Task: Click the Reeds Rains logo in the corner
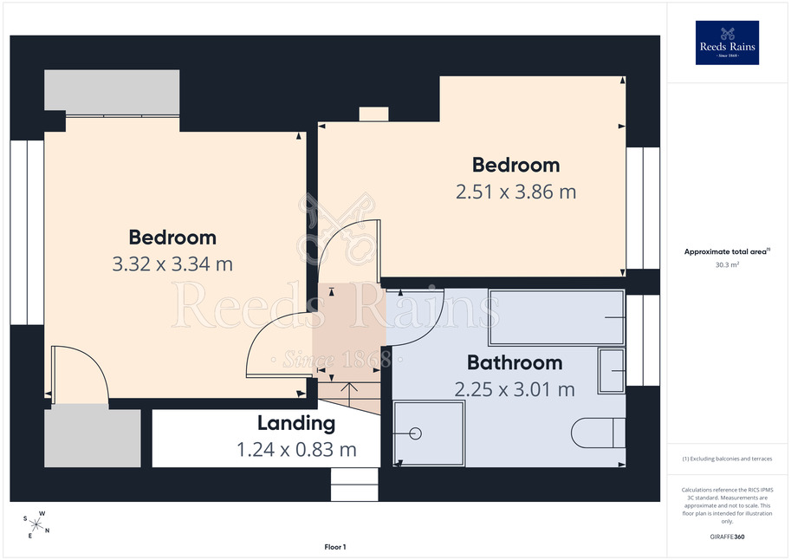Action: tap(727, 42)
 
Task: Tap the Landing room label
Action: tap(296, 423)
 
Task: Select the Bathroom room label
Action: tap(515, 362)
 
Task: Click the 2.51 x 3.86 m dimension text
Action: tap(515, 192)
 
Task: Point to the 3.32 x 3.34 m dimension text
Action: tap(172, 264)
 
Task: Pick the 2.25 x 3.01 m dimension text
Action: tap(515, 389)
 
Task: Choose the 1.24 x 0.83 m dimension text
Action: tap(296, 449)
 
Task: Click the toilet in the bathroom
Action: tap(599, 433)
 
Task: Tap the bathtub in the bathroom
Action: tap(556, 317)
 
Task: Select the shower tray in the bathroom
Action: tap(429, 433)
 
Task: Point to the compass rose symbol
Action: tap(36, 524)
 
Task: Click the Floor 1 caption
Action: tap(335, 547)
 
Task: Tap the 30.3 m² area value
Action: tap(727, 264)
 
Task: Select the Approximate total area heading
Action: tap(726, 251)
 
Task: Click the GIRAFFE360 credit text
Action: tap(727, 537)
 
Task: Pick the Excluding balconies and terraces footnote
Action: tap(727, 459)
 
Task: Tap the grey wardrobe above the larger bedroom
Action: tap(112, 90)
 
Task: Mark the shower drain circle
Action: tap(416, 433)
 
